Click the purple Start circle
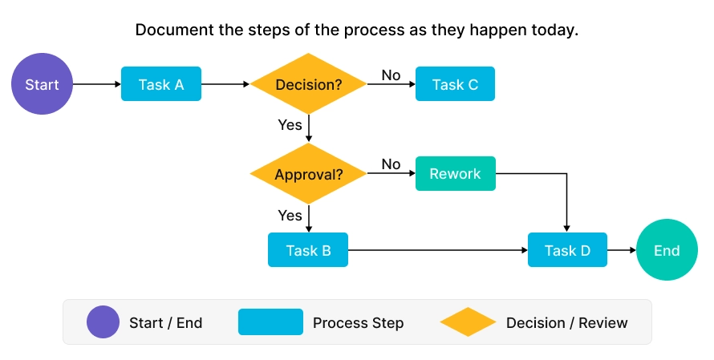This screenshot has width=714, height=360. click(42, 84)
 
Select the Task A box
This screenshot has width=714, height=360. click(160, 84)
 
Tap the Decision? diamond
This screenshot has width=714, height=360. click(309, 84)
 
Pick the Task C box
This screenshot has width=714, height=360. click(455, 84)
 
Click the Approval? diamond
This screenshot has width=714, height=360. click(309, 174)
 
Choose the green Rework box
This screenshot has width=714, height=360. click(455, 174)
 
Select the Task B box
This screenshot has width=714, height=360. click(308, 251)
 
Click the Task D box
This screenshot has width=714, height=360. click(567, 251)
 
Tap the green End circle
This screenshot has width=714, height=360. click(667, 251)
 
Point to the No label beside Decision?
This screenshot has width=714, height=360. click(391, 75)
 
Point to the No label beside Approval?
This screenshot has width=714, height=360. click(391, 164)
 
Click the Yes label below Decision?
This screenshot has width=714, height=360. click(290, 125)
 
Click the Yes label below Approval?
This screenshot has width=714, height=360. click(290, 215)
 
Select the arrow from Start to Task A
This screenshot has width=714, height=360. click(96, 84)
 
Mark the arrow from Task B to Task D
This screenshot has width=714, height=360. click(437, 251)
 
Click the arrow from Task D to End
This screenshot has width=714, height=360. click(621, 251)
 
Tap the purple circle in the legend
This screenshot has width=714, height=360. click(103, 322)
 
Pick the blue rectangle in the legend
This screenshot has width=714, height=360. click(270, 322)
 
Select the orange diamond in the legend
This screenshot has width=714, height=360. click(469, 322)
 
